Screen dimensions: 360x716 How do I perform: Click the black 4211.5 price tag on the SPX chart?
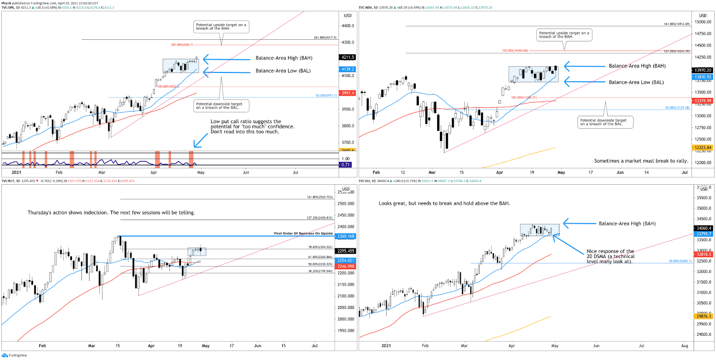coord(348,57)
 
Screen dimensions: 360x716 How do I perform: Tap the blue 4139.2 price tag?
coord(348,69)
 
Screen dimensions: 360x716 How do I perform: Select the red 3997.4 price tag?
coord(348,93)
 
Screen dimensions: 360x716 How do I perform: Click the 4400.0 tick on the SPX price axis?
coord(348,26)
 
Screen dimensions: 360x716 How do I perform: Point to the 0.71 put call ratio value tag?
coord(345,165)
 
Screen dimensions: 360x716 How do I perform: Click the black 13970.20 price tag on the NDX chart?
coord(703,70)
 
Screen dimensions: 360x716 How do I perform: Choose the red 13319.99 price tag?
coord(703,101)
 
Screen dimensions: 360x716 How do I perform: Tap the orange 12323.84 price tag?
coord(703,148)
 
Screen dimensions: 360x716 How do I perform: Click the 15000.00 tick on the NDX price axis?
coord(703,22)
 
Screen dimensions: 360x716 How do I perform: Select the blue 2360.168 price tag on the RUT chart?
coord(345,236)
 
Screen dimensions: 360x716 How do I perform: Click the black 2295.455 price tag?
coord(345,251)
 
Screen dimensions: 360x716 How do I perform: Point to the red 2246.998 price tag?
coord(345,266)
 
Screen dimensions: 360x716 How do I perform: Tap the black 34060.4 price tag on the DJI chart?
coord(703,228)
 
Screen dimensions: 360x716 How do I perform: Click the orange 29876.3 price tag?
coord(703,316)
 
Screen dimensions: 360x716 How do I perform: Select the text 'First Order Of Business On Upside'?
coord(303,233)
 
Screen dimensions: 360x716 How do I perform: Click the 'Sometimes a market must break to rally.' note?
coord(641,161)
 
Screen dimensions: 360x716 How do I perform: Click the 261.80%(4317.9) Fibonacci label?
coord(325,38)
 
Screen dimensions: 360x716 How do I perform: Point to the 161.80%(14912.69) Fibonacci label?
coord(677,24)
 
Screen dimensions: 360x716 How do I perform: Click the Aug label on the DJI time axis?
coord(685,346)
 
